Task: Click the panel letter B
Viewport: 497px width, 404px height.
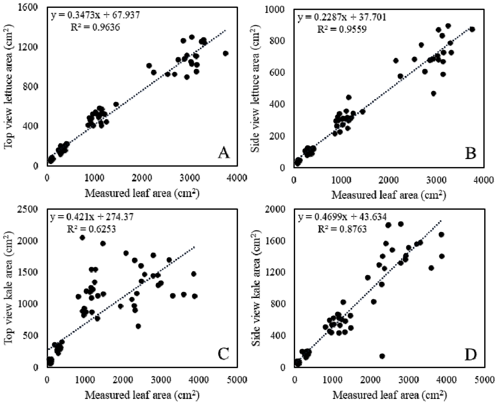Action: coord(470,154)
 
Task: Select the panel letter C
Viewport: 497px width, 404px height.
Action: coord(223,354)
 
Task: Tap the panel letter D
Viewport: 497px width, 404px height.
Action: coord(470,355)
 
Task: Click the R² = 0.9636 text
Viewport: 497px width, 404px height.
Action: coord(95,27)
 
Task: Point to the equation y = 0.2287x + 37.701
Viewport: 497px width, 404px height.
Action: coord(342,17)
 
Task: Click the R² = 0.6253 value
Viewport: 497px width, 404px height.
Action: coord(91,229)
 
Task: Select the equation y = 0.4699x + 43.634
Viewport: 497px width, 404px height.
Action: coord(342,217)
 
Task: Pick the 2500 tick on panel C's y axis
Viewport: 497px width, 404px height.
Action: coord(29,209)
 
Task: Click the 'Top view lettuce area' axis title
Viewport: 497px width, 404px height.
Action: coord(10,87)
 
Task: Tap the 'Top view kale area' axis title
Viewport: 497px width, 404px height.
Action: coord(10,288)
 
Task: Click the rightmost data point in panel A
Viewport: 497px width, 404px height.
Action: coord(225,53)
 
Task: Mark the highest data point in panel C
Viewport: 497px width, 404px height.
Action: coord(82,238)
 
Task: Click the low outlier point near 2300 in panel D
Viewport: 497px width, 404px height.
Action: coord(382,356)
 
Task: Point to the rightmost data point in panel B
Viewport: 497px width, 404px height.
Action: coord(472,29)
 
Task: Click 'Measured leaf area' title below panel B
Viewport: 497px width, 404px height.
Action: coord(389,195)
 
